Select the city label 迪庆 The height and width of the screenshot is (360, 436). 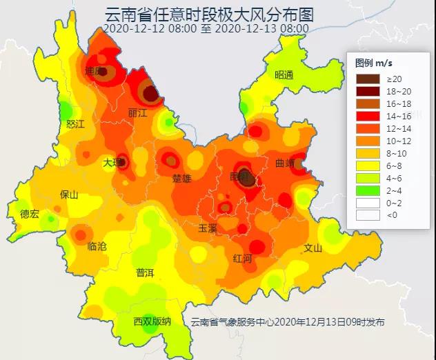(x=94, y=71)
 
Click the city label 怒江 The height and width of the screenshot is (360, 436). (x=75, y=124)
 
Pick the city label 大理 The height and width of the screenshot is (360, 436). (x=112, y=163)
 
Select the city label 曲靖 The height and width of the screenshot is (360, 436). (x=285, y=164)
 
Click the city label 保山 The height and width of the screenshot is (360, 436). (x=70, y=194)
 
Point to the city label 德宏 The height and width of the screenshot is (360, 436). (x=30, y=213)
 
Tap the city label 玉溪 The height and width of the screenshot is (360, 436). (x=208, y=227)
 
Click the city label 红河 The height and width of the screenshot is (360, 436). (x=243, y=258)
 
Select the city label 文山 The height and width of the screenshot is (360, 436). (x=313, y=248)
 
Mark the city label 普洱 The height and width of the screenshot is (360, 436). (x=145, y=272)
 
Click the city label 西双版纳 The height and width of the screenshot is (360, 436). (x=152, y=321)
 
